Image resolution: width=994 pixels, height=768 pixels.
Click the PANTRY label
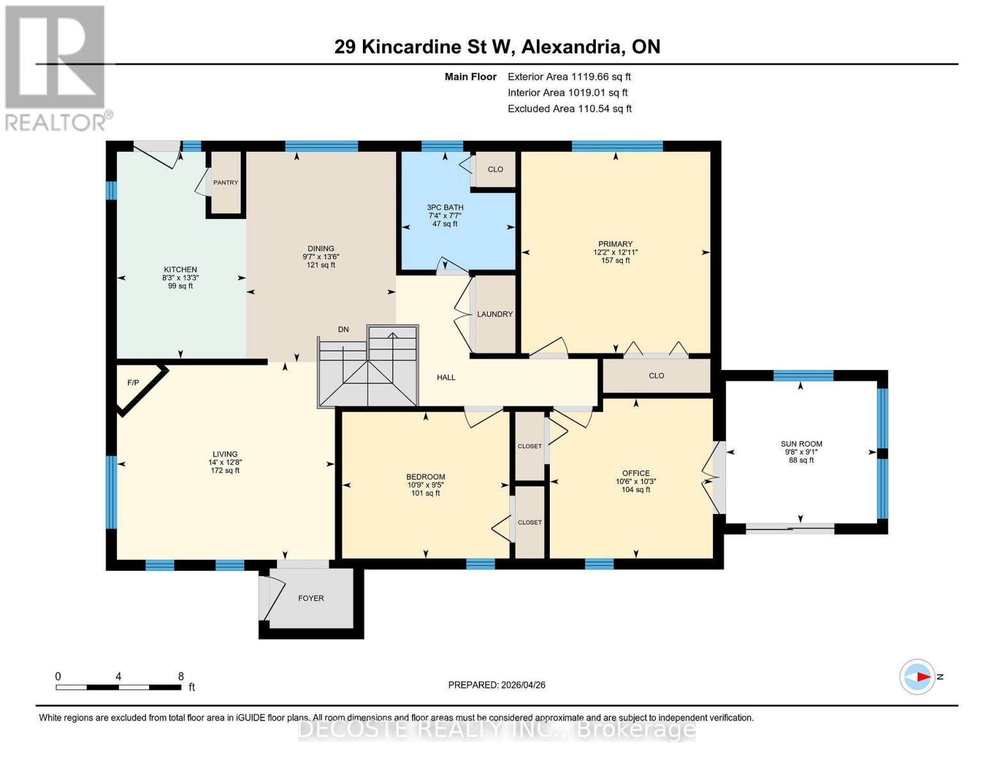coord(225,182)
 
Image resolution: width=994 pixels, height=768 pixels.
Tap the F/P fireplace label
coord(133,383)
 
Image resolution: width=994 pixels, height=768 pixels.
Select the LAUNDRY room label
coord(495,314)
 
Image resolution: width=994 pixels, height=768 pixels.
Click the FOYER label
coord(311,598)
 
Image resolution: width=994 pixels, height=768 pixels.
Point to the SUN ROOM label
coord(801,444)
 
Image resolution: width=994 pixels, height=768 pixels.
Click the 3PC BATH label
coord(445,207)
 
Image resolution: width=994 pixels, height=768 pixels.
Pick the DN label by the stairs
coord(344,330)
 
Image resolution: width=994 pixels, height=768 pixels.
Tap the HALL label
coord(446,378)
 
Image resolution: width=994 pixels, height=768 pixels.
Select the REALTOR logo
coord(56,67)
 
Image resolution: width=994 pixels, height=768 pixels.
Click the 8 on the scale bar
coord(180,676)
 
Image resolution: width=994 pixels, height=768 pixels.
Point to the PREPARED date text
coord(497,685)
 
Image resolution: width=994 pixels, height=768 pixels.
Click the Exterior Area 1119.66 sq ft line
coord(569,77)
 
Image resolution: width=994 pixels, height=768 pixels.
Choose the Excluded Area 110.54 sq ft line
coord(570,109)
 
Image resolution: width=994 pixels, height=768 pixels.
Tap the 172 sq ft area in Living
coord(225,470)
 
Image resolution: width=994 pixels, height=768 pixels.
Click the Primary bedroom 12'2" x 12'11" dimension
coord(615,252)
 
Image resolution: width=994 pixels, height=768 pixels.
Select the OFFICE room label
coord(636,474)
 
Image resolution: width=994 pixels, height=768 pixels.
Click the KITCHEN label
coord(180,269)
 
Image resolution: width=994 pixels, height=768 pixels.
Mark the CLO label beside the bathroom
coord(495,170)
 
